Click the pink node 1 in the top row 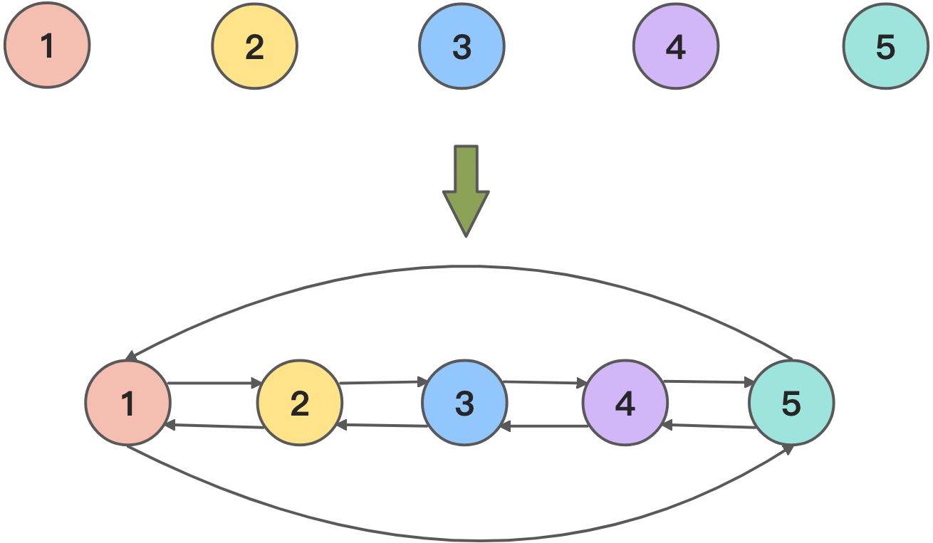(47, 46)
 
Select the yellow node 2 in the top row (254, 46)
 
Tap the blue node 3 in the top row (462, 46)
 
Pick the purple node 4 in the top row (676, 46)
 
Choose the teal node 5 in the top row (885, 46)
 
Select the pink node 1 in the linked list (127, 403)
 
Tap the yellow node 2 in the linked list (300, 403)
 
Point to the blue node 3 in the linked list (464, 403)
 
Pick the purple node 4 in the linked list (625, 403)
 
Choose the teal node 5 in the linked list (791, 403)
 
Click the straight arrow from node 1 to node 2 (214, 383)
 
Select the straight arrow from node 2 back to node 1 (214, 426)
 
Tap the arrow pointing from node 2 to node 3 (382, 382)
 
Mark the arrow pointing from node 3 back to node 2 (382, 426)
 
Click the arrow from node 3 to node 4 (545, 382)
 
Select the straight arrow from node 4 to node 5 (709, 382)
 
